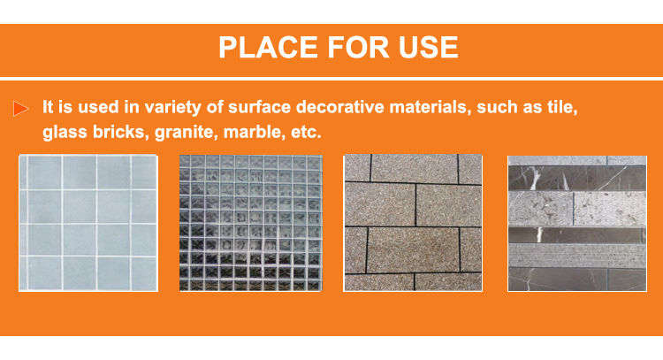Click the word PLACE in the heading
(268, 47)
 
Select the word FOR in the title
(358, 47)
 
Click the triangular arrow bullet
(20, 108)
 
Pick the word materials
(431, 107)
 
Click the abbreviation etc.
(306, 133)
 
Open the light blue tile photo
(88, 223)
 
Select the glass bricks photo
(251, 223)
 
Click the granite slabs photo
(413, 223)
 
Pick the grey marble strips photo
(577, 224)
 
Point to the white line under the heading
(331, 79)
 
